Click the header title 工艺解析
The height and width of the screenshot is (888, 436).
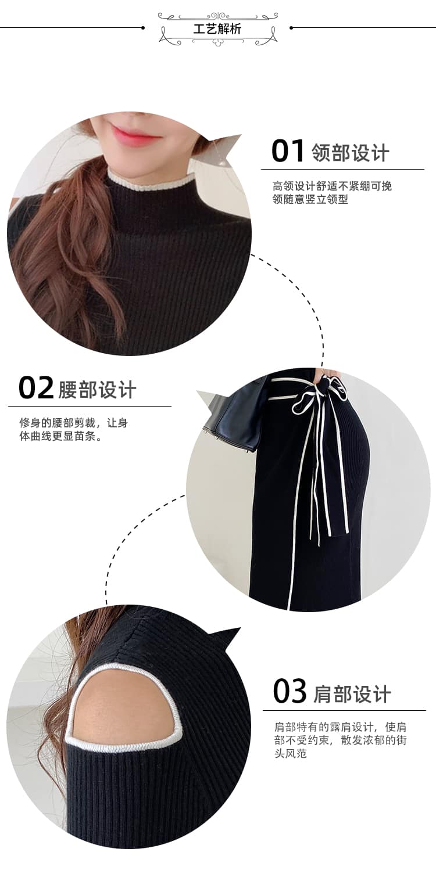(217, 28)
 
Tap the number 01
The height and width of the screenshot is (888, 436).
(288, 151)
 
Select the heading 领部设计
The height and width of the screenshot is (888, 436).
(351, 153)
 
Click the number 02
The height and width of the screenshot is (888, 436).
(36, 387)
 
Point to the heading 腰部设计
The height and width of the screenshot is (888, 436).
(97, 390)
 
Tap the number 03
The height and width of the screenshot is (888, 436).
(290, 691)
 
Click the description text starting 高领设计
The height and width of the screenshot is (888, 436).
(332, 192)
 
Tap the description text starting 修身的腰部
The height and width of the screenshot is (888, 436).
(73, 429)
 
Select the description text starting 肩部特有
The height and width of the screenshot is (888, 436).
(341, 740)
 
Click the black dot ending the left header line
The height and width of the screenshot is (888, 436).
(143, 28)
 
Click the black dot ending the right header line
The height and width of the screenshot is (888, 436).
(291, 28)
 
